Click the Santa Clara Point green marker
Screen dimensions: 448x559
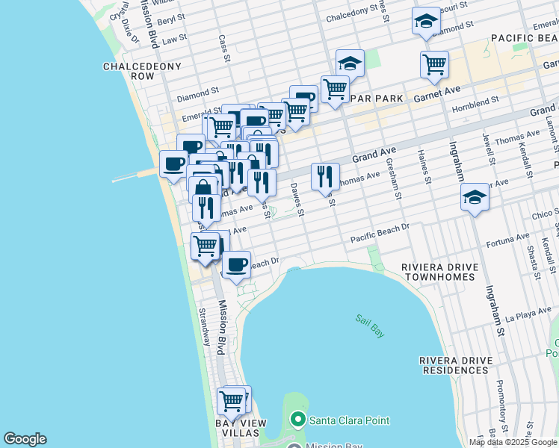(x=298, y=420)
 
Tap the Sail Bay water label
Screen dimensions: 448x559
(x=370, y=326)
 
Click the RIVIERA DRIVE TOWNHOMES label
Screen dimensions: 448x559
(x=438, y=272)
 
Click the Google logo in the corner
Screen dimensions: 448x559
(x=25, y=439)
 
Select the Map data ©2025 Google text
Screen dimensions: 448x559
(x=513, y=442)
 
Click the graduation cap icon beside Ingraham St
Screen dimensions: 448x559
(x=475, y=198)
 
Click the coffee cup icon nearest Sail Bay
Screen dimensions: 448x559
(x=237, y=264)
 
